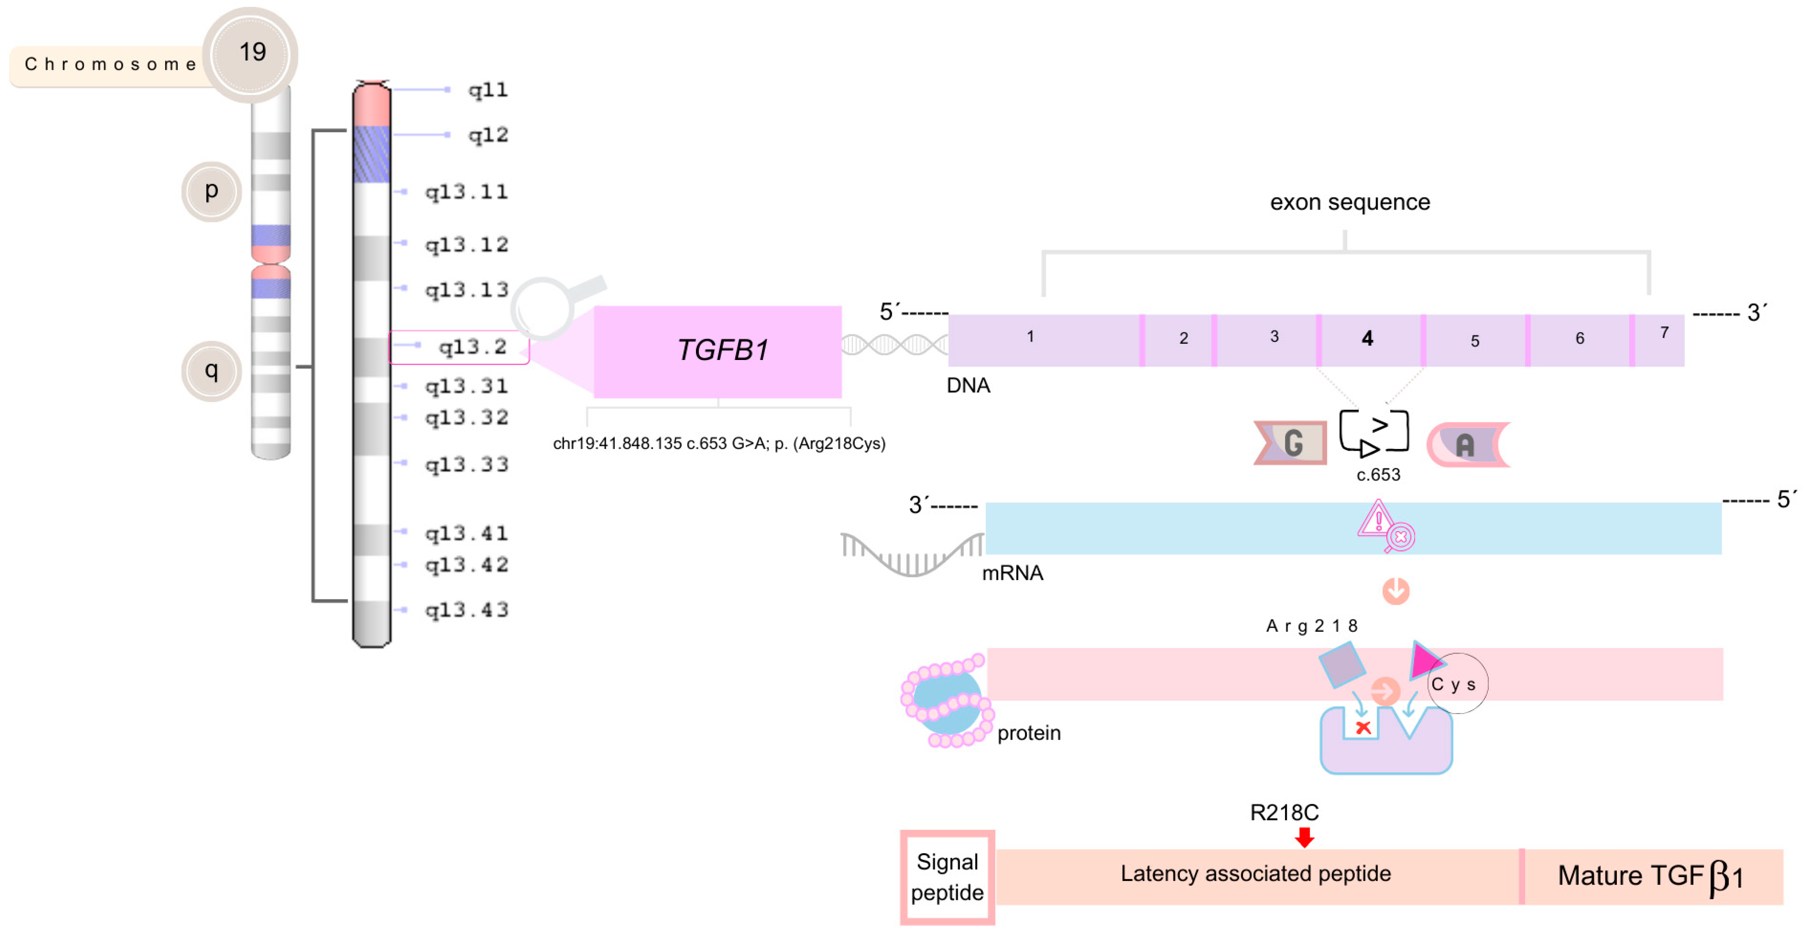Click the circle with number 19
(250, 53)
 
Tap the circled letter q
(211, 370)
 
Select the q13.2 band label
(472, 347)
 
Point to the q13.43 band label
(466, 610)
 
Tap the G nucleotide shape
(1292, 443)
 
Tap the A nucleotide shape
(1467, 444)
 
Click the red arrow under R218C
(1304, 837)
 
